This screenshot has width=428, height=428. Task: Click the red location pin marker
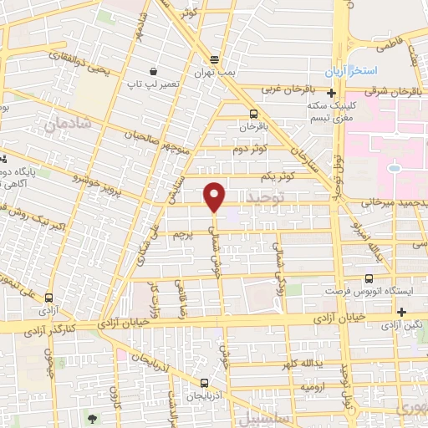(215, 196)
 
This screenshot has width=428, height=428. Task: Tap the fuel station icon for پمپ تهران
(215, 59)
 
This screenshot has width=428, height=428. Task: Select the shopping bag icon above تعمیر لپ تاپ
(153, 71)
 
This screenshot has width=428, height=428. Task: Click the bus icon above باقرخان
(253, 114)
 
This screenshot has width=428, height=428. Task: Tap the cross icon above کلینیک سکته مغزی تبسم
(333, 92)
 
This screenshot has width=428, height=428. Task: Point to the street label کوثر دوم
(250, 148)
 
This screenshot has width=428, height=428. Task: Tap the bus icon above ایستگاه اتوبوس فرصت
(368, 279)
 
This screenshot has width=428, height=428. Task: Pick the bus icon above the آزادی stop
(48, 297)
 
